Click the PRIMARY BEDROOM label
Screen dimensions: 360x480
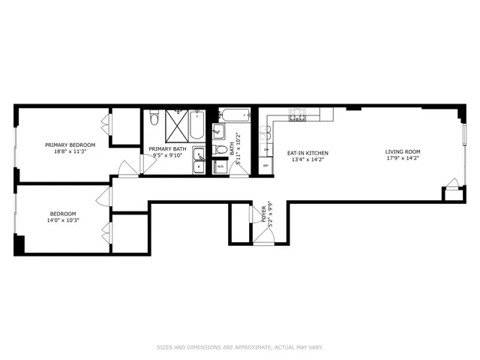coord(70,145)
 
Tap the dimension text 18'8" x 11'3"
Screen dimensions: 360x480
coord(70,151)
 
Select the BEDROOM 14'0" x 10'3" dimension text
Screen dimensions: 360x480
coord(64,220)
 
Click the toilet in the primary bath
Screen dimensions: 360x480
coord(153,119)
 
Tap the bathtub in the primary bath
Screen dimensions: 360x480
coord(196,126)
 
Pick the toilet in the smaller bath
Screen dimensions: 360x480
coord(220,150)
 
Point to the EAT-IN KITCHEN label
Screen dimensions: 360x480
coord(307,153)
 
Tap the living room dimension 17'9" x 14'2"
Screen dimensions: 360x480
coord(403,158)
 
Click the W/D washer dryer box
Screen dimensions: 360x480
coord(220,166)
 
